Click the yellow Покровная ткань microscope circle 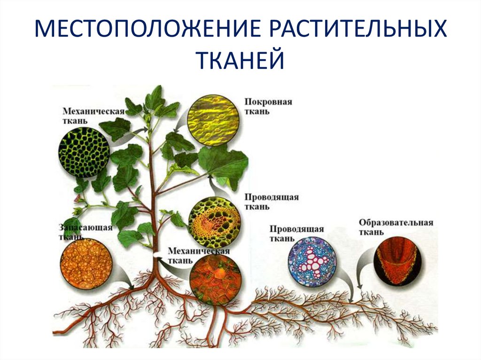click(x=213, y=121)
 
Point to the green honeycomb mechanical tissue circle click(x=85, y=152)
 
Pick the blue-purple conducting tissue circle click(x=311, y=262)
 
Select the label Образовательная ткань click(x=396, y=227)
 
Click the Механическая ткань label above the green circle click(x=93, y=115)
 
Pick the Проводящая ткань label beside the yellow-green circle click(x=271, y=202)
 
